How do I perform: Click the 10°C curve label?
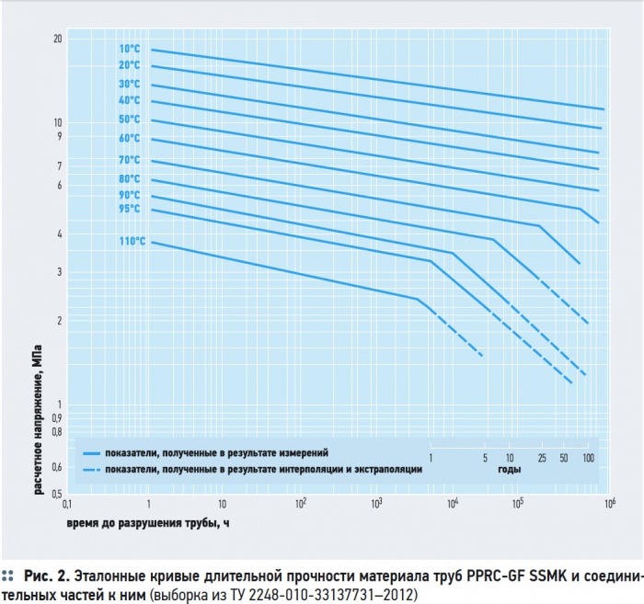tap(128, 49)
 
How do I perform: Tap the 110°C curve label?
tap(131, 242)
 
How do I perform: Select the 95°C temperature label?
tap(128, 209)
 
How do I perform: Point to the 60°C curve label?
tap(128, 138)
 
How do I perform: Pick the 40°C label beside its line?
tap(128, 100)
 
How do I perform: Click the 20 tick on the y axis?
tap(57, 39)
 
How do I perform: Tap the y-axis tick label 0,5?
tap(55, 495)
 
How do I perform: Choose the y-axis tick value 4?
tap(59, 234)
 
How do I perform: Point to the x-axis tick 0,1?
tap(66, 505)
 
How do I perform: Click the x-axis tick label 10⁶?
tap(608, 503)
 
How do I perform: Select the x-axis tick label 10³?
tap(376, 503)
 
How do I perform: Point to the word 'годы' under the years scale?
tap(510, 470)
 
